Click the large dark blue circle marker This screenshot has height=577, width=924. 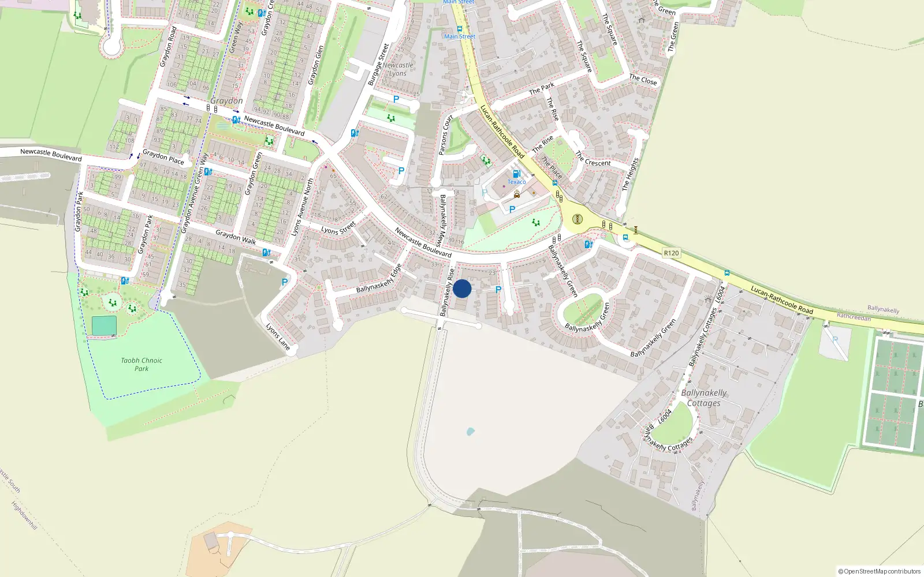462,288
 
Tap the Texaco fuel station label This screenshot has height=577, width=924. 516,182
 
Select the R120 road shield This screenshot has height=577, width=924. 671,253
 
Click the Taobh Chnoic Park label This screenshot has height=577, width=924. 141,364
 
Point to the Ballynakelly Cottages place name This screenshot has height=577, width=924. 703,398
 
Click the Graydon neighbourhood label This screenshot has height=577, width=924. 226,100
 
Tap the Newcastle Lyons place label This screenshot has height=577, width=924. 398,69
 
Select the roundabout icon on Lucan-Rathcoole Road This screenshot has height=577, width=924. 577,219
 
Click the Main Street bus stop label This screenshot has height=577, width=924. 460,36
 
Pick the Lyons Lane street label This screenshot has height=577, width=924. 278,336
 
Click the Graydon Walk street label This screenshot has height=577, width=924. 236,237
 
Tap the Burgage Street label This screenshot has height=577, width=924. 379,65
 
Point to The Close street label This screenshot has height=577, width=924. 643,80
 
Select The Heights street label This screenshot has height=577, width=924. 630,174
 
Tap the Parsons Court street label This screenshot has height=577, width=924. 446,135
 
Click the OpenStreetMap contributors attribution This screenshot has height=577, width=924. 879,571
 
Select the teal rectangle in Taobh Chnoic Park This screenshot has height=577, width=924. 104,325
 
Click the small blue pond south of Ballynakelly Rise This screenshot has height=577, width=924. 470,431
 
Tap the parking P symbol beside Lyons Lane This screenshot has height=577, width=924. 284,282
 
